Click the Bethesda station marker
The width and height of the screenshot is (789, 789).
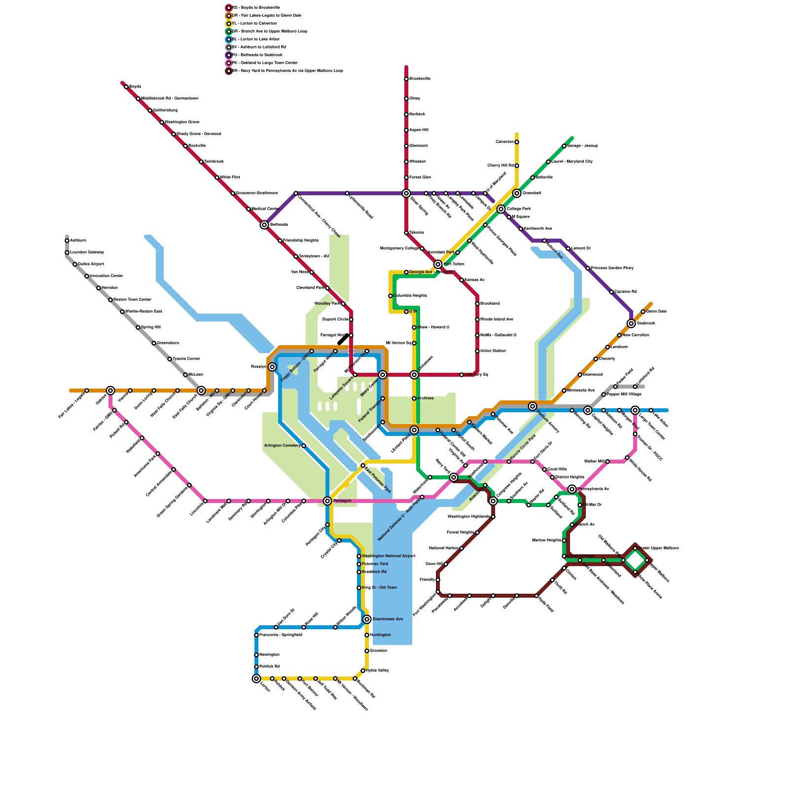(264, 225)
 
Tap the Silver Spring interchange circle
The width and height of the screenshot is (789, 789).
(406, 193)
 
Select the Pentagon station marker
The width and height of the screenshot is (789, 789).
(327, 501)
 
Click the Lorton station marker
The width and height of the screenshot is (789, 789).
(256, 679)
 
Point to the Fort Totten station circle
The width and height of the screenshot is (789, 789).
(438, 264)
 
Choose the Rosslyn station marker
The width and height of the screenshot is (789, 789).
(272, 367)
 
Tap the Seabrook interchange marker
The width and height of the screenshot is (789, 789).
(631, 323)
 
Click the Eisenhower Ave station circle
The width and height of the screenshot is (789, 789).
(367, 619)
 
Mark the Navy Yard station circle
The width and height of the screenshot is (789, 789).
(454, 477)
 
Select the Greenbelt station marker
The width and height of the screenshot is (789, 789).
(517, 193)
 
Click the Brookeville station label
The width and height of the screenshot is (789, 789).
(420, 79)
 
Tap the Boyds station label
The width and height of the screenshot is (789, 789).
(135, 87)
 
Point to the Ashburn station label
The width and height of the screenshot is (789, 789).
(78, 241)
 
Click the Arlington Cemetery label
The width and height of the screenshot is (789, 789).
(282, 446)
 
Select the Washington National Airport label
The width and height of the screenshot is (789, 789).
(389, 556)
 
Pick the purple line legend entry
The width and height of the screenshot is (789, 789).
(256, 55)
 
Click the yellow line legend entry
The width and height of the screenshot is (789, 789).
(254, 23)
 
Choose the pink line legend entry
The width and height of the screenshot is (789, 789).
(264, 63)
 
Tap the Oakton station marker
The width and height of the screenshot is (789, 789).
(110, 391)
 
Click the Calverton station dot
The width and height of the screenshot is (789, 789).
(517, 142)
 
